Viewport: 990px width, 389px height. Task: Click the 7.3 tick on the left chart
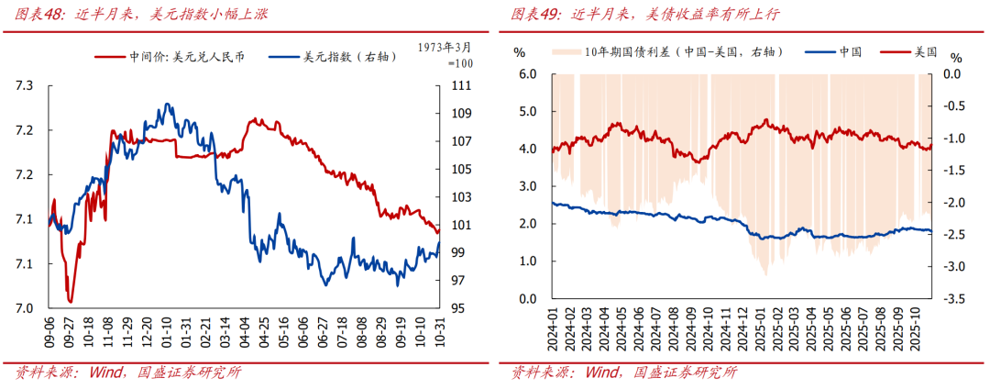click(25, 86)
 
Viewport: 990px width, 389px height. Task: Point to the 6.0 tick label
click(529, 74)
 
